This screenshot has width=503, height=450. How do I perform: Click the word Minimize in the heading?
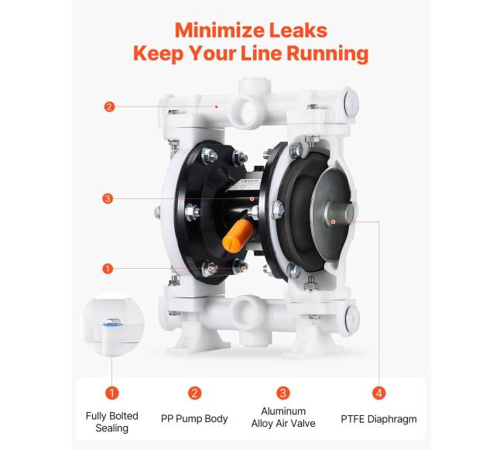pyautogui.click(x=219, y=30)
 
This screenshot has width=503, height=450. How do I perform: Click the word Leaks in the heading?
pyautogui.click(x=298, y=30)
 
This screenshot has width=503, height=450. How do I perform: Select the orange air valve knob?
pyautogui.click(x=238, y=235)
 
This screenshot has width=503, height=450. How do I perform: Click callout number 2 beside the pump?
pyautogui.click(x=109, y=107)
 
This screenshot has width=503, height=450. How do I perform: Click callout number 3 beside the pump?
pyautogui.click(x=108, y=199)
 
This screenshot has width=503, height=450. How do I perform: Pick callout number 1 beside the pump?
pyautogui.click(x=108, y=269)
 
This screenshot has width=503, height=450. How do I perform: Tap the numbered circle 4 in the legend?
pyautogui.click(x=379, y=393)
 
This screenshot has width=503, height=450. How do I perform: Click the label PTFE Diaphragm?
pyautogui.click(x=379, y=419)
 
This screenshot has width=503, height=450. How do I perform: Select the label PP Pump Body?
pyautogui.click(x=194, y=418)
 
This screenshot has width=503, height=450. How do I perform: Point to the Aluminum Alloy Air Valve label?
pyautogui.click(x=283, y=417)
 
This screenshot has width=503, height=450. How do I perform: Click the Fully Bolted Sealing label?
pyautogui.click(x=112, y=422)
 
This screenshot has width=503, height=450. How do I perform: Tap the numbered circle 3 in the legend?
pyautogui.click(x=283, y=393)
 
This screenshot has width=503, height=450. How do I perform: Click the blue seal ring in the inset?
pyautogui.click(x=113, y=325)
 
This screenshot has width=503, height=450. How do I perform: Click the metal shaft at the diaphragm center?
pyautogui.click(x=340, y=214)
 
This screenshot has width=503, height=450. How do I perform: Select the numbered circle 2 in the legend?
pyautogui.click(x=194, y=393)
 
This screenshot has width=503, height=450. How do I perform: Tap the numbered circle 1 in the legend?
pyautogui.click(x=112, y=393)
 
